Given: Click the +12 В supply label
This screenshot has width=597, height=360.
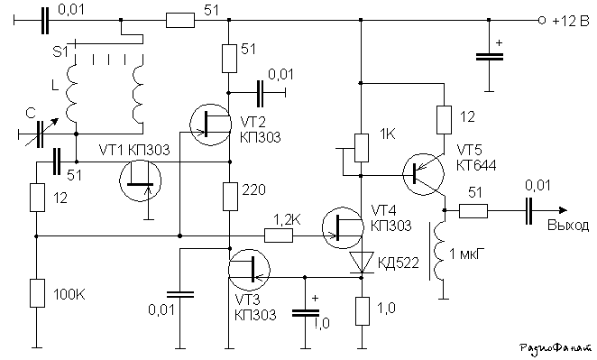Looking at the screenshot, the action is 570,21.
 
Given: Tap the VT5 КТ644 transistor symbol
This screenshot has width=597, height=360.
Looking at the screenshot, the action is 423,174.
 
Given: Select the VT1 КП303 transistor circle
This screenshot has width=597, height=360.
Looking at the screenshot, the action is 140,180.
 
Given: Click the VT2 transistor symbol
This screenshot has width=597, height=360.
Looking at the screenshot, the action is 210,125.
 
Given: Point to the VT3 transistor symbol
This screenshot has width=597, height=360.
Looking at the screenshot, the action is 249,269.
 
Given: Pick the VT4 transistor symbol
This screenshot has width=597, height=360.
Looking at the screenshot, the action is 343,227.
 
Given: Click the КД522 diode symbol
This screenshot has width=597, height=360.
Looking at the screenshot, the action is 362,263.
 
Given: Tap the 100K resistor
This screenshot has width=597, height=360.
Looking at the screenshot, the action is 37,293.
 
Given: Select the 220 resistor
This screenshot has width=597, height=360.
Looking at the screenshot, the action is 230,197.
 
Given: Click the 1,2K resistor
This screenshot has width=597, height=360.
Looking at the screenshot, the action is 279,236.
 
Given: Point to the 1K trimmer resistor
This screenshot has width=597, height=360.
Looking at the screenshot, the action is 362,148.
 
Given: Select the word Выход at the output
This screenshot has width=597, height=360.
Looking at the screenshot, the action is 567,226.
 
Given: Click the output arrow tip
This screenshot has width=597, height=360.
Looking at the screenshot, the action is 567,210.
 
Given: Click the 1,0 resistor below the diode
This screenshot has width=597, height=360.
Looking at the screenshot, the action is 363,311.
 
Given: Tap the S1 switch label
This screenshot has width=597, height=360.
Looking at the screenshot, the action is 60,51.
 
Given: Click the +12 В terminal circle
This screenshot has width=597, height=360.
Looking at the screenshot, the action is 542,20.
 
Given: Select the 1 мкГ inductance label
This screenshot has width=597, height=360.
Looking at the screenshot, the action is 467,254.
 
